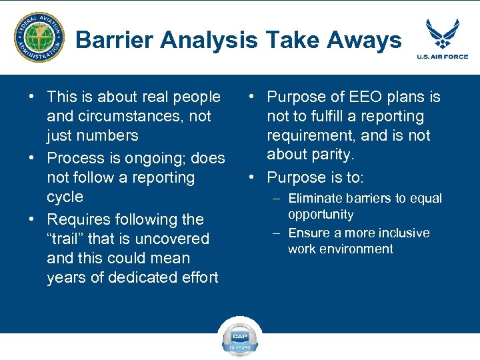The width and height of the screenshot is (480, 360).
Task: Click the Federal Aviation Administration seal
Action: [39, 38]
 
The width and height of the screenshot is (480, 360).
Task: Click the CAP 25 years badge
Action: [240, 336]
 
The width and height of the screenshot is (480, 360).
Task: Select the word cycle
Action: [65, 197]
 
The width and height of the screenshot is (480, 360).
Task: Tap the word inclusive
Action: [401, 233]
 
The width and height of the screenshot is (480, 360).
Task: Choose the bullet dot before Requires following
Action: [31, 219]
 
